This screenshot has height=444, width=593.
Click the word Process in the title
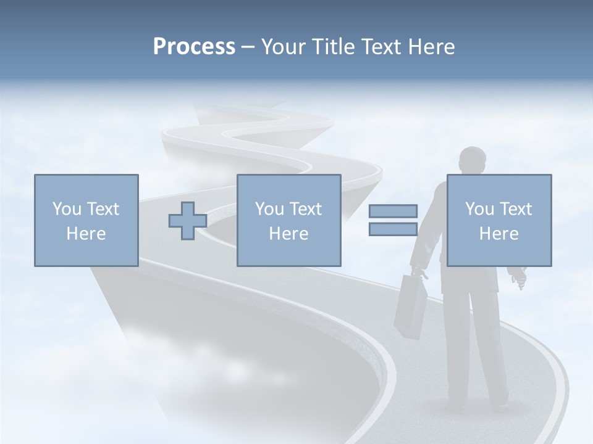click(x=194, y=47)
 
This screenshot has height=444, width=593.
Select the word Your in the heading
click(x=283, y=47)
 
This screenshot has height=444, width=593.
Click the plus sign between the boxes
click(x=188, y=221)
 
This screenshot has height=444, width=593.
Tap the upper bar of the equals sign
click(x=393, y=211)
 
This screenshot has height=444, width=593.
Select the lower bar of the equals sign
click(x=393, y=229)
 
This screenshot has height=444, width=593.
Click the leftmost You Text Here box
click(x=86, y=220)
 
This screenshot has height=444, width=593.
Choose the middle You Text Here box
click(x=289, y=220)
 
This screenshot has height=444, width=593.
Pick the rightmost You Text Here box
click(x=499, y=220)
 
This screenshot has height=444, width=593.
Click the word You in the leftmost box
click(x=67, y=209)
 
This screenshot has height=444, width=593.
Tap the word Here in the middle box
click(x=289, y=234)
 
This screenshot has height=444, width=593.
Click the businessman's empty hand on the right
click(x=517, y=277)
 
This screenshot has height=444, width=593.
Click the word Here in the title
click(x=431, y=47)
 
